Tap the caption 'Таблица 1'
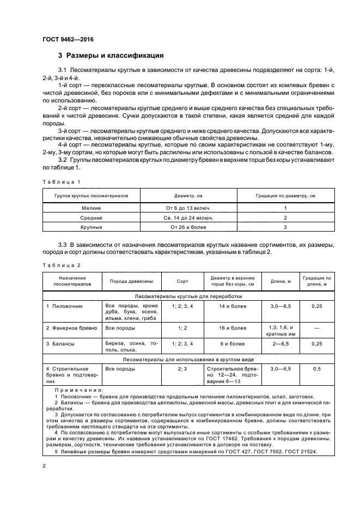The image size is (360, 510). point(61,181)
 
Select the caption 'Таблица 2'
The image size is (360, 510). point(61,265)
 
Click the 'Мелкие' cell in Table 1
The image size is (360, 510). point(91,208)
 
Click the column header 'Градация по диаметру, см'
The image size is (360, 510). point(286,195)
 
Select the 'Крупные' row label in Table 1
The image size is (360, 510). point(91,227)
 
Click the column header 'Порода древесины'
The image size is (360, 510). point(132,282)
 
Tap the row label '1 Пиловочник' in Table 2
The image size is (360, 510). point(64,307)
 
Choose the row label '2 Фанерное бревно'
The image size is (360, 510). point(71,328)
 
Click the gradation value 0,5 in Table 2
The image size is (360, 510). point(316,369)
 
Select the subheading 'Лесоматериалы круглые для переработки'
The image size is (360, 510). point(188,296)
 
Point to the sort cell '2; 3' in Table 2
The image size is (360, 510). point(182,369)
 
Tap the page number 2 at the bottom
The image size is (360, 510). point(45,466)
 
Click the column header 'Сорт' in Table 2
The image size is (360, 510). point(182,282)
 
